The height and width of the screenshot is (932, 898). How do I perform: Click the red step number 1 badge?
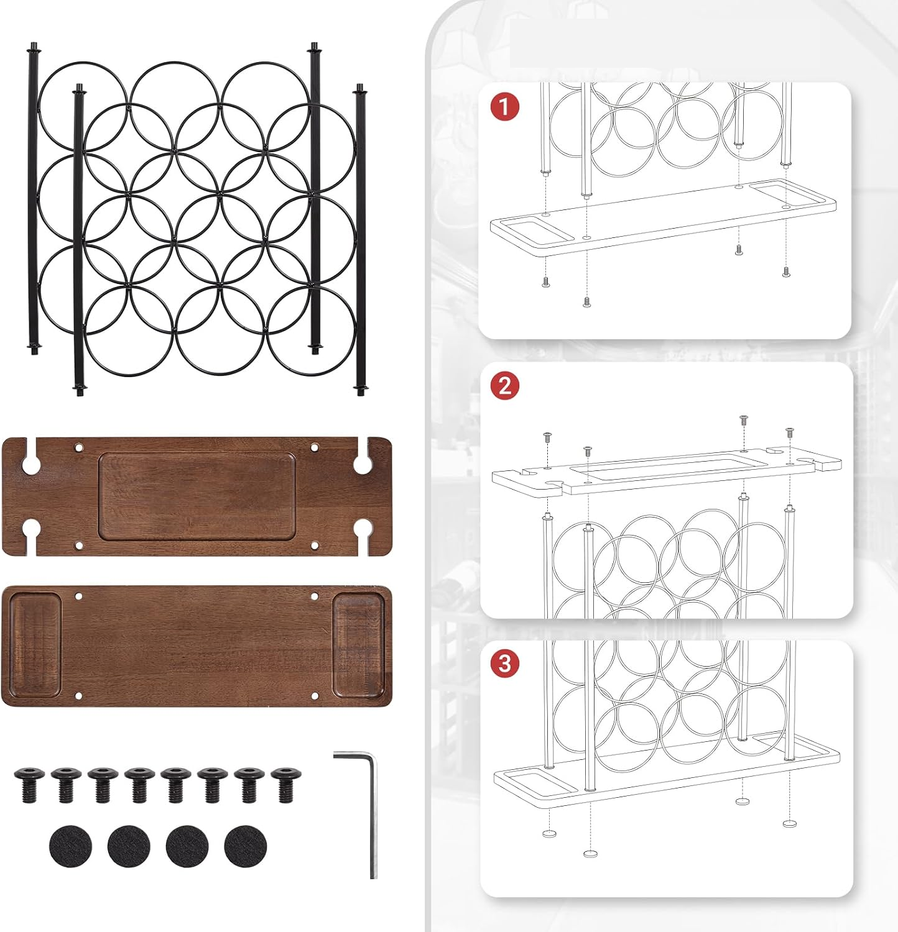tap(504, 107)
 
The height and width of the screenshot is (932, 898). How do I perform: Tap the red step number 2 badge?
tap(504, 386)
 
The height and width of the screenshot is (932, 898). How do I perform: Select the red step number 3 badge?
tap(504, 664)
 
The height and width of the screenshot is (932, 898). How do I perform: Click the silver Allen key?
tap(371, 808)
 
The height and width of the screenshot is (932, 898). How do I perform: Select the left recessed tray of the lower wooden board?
tap(35, 646)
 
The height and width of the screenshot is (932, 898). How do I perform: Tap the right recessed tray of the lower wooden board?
tap(358, 646)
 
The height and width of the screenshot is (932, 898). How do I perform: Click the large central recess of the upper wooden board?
tap(197, 496)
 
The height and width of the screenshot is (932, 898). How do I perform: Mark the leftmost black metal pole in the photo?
tap(33, 199)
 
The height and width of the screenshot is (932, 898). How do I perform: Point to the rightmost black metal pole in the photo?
tap(360, 240)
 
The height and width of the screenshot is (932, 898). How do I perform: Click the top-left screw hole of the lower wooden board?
tap(79, 596)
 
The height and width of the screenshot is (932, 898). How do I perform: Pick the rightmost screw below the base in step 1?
tap(785, 271)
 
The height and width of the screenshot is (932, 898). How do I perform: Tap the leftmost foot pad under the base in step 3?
tap(549, 833)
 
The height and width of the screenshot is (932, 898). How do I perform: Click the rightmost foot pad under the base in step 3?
tap(790, 823)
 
